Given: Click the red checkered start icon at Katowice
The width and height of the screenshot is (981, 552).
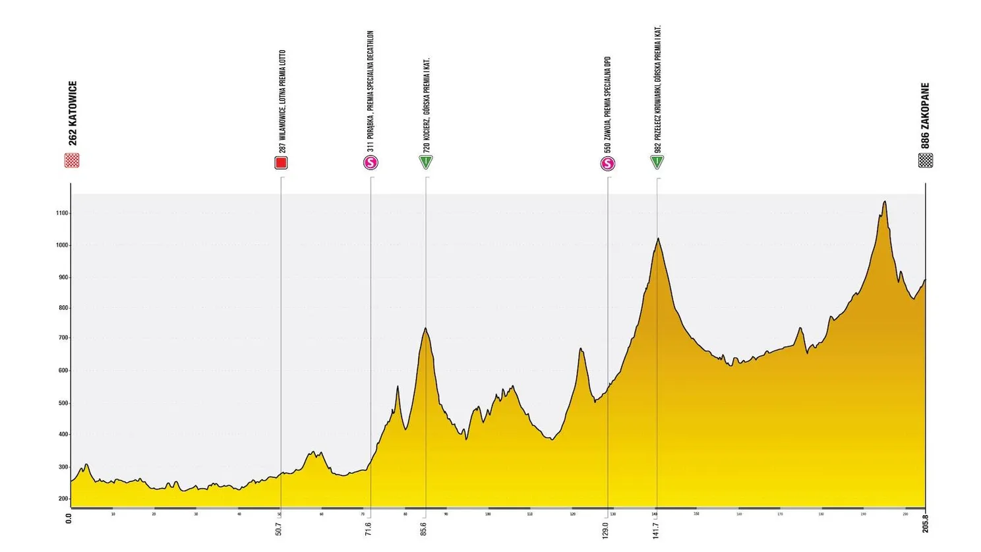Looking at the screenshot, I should [x=72, y=160].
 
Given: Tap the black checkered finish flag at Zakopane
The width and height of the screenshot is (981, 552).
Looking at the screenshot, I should [x=926, y=160].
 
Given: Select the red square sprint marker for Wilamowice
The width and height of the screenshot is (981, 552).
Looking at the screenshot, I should [x=281, y=163].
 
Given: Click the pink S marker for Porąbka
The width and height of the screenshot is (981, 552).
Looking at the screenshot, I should [x=371, y=163].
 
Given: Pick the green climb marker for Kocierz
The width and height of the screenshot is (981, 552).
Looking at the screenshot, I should [x=426, y=162].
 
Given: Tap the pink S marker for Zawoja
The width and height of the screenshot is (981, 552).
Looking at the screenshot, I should [x=607, y=164].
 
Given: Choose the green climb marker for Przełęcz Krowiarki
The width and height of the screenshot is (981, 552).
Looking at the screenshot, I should [x=657, y=162].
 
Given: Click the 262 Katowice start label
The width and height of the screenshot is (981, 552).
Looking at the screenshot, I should [x=73, y=113].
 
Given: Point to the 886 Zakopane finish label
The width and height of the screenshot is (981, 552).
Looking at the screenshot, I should [x=926, y=115].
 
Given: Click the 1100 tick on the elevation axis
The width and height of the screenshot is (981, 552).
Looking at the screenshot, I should [x=62, y=214].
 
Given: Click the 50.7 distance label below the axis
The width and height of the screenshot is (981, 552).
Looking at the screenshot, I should [x=279, y=529].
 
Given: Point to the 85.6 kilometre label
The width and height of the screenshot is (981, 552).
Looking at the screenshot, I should [x=424, y=529].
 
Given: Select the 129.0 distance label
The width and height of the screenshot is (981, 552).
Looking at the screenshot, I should [x=605, y=529].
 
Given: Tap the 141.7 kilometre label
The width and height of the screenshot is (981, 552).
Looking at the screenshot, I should [x=655, y=529].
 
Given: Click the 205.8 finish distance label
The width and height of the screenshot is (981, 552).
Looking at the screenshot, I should [x=925, y=524].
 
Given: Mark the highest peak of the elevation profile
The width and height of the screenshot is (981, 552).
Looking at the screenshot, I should [x=884, y=202].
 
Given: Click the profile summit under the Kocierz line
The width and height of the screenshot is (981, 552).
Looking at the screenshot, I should [x=426, y=328].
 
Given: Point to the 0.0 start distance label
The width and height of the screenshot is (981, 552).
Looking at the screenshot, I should [x=69, y=518].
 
